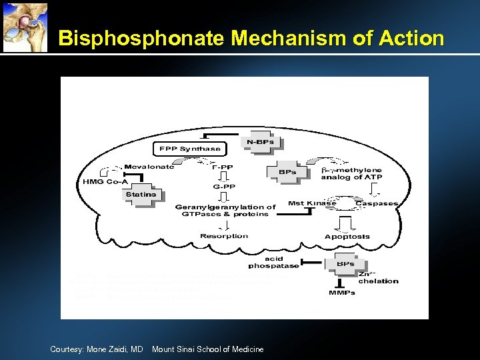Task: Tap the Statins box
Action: tap(141, 195)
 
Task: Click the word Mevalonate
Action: tap(149, 167)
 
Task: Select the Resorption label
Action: tap(223, 236)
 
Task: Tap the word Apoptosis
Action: tap(347, 237)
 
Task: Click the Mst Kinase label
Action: tap(312, 203)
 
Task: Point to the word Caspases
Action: tap(377, 203)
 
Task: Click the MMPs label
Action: tap(342, 292)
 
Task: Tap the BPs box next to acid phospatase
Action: tap(345, 264)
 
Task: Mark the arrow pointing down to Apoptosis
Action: tap(347, 221)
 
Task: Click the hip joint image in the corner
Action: tap(25, 26)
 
